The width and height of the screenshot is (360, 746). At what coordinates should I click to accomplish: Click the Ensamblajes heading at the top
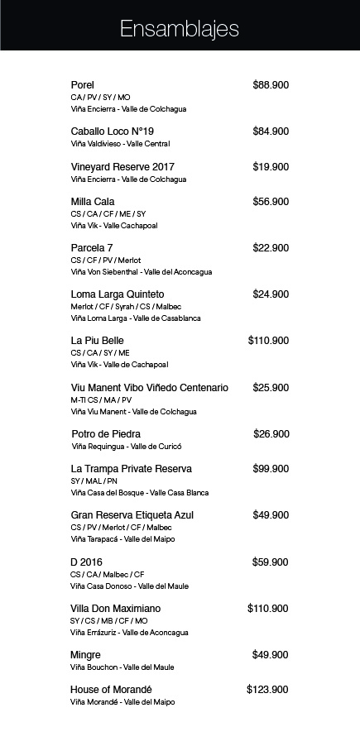pos(180,30)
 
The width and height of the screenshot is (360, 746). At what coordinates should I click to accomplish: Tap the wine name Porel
pos(83,85)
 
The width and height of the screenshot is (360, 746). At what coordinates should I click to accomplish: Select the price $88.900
pos(271,85)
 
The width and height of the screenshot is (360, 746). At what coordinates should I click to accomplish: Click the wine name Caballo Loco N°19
pos(113,132)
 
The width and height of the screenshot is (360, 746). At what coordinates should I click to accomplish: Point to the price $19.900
pos(271,167)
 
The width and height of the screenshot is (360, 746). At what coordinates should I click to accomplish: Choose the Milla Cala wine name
pos(93,202)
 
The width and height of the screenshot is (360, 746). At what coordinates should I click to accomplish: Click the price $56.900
pos(271,202)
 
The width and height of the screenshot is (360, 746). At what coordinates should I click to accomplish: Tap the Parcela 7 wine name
pos(92,248)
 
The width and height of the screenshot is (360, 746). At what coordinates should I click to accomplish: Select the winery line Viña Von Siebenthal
pos(142,272)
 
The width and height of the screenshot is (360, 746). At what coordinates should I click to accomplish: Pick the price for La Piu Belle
pos(268,341)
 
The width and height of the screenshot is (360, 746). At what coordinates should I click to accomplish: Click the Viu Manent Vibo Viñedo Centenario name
pos(150,388)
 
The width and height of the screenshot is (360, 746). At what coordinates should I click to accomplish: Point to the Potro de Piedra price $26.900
pos(271,434)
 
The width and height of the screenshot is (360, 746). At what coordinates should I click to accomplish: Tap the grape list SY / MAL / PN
pos(94,481)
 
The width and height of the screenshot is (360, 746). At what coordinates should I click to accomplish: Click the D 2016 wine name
pos(87,562)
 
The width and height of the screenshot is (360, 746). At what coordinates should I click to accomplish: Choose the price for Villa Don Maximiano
pos(268,609)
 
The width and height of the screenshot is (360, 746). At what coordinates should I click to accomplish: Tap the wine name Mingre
pos(86,655)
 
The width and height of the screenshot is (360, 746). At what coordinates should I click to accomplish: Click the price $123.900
pos(267,690)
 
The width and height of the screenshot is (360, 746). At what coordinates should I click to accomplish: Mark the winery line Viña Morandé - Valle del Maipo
pos(123,702)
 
